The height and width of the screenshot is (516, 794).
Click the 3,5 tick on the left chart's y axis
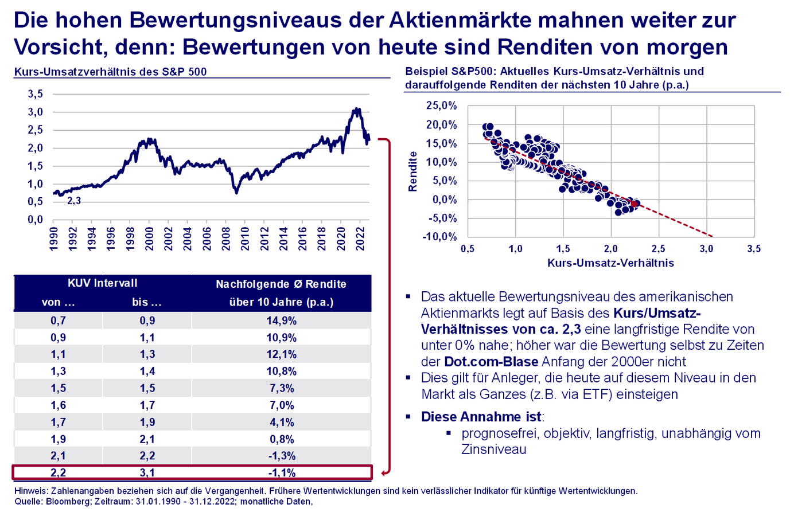pyautogui.click(x=36, y=94)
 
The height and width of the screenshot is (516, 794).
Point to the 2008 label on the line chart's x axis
pyautogui.click(x=226, y=238)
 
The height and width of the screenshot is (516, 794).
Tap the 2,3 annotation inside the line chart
pyautogui.click(x=74, y=201)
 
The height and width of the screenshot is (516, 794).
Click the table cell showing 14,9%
pyautogui.click(x=281, y=320)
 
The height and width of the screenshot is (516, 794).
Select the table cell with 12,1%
pyautogui.click(x=281, y=354)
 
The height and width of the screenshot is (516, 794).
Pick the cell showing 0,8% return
pyautogui.click(x=281, y=439)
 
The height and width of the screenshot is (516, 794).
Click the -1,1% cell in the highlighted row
pyautogui.click(x=281, y=473)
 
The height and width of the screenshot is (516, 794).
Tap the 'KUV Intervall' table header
pyautogui.click(x=102, y=283)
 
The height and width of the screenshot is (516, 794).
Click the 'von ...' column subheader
pyautogui.click(x=58, y=302)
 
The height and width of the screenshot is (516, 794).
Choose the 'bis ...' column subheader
pyautogui.click(x=147, y=302)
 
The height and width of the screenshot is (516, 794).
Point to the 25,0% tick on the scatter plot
pyautogui.click(x=441, y=105)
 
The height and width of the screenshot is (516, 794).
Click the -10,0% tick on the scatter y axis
pyautogui.click(x=439, y=237)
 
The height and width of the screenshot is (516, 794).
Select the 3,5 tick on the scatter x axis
pyautogui.click(x=753, y=249)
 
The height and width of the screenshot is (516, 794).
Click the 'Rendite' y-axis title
pyautogui.click(x=412, y=171)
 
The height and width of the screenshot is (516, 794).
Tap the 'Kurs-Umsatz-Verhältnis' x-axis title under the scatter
pyautogui.click(x=610, y=263)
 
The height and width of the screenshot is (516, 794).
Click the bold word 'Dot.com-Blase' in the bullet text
pyautogui.click(x=491, y=362)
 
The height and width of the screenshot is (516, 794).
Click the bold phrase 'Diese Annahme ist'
pyautogui.click(x=481, y=417)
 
